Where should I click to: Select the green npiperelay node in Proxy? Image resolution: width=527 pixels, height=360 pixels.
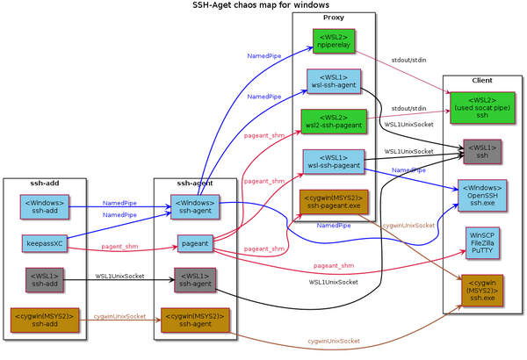coord(333,41)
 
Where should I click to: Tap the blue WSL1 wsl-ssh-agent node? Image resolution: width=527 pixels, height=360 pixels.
coord(333,80)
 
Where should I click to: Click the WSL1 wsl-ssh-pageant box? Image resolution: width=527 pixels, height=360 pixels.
coord(333,162)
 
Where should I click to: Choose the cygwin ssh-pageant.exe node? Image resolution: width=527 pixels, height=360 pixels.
coord(333,202)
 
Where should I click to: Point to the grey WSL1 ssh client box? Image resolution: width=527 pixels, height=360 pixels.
coord(482,152)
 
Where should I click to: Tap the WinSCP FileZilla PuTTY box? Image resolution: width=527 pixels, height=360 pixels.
coord(482,243)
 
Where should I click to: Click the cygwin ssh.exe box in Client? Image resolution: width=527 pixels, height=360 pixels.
coord(482,289)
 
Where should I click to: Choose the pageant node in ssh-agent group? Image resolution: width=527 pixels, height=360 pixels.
coord(195,243)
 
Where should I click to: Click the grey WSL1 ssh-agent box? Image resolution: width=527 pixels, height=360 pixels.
coord(195,280)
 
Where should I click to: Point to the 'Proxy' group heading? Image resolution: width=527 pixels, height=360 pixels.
coord(334,18)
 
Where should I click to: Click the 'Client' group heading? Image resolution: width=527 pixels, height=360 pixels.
coord(481,81)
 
